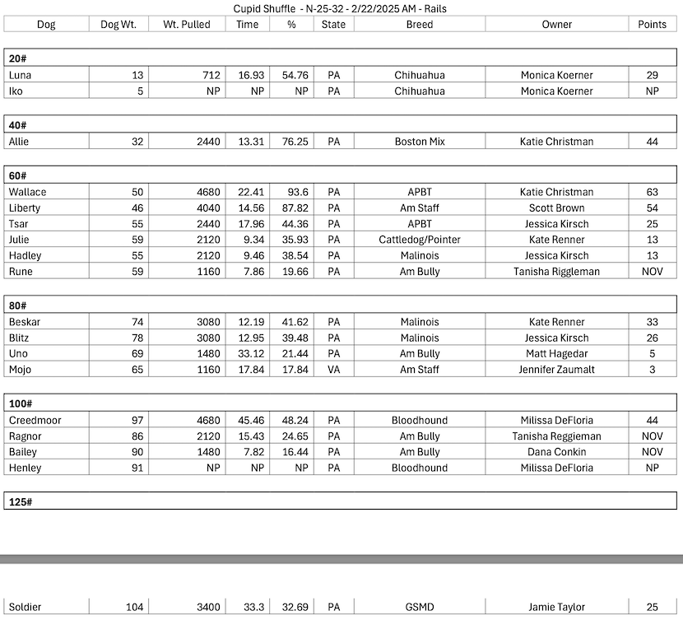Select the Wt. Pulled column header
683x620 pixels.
tap(185, 25)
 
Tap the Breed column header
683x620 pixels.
tap(419, 25)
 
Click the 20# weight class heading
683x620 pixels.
tap(17, 58)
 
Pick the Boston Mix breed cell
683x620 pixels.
tap(419, 142)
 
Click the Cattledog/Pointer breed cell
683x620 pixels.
tap(419, 240)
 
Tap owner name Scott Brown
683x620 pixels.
tap(556, 208)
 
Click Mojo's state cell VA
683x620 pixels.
tap(333, 370)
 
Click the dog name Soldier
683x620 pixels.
tap(25, 608)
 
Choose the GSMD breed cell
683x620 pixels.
tap(419, 608)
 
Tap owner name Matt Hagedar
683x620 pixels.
tap(556, 354)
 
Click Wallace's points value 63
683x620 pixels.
tap(652, 192)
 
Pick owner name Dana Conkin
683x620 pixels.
tap(556, 452)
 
